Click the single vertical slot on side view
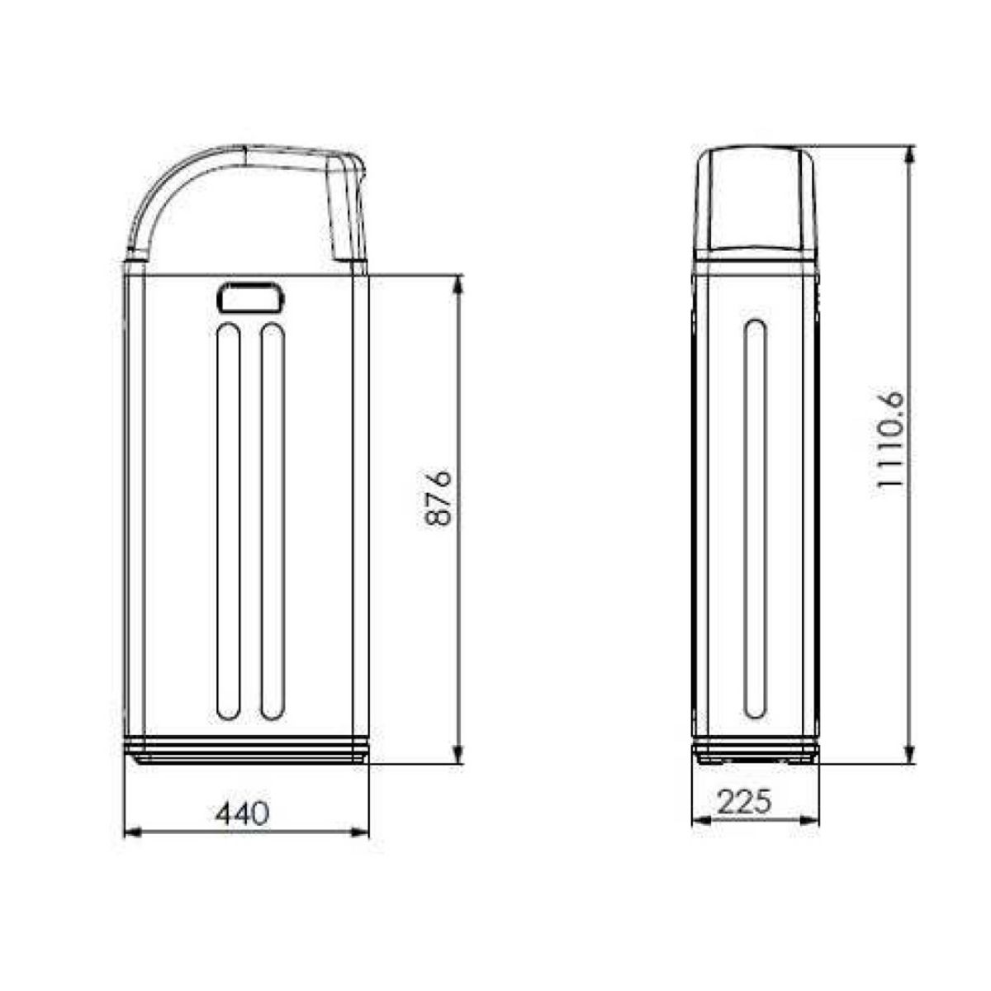[755, 518]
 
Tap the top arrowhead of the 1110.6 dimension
[910, 156]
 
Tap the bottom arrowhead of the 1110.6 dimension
[910, 756]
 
